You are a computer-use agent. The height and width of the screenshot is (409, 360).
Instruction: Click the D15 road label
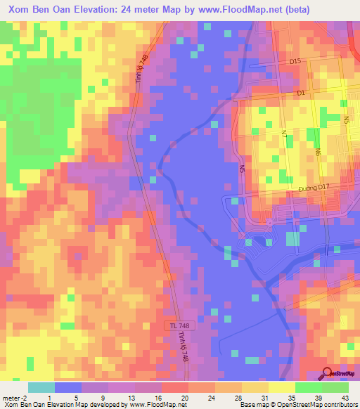pyautogui.click(x=295, y=62)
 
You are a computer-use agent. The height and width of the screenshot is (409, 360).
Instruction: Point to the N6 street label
pyautogui.click(x=317, y=150)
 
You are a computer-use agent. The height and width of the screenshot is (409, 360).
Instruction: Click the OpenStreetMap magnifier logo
pyautogui.click(x=328, y=373)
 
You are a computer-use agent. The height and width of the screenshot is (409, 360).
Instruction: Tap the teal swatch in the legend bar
pyautogui.click(x=41, y=387)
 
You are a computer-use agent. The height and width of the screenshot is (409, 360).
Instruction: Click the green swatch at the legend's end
pyautogui.click(x=335, y=387)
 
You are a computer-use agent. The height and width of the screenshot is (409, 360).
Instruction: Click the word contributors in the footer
pyautogui.click(x=340, y=405)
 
